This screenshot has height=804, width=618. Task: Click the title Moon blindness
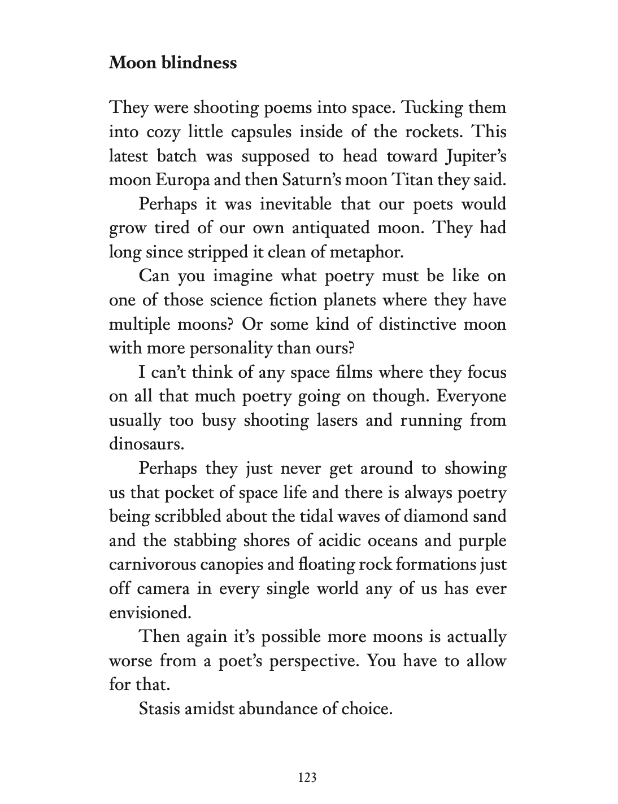point(173,62)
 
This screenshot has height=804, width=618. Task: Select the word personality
point(233,348)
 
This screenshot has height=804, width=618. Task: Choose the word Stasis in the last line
point(158,709)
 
